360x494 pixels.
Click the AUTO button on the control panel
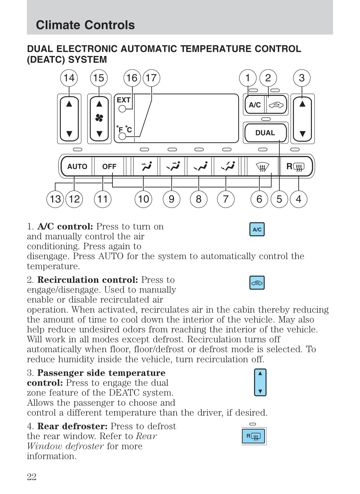tap(77, 166)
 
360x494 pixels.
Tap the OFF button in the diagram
tap(109, 166)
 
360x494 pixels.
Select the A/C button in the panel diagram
tap(255, 105)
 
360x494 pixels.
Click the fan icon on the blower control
tap(99, 118)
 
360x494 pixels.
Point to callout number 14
tap(69, 78)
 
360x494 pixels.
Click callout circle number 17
tap(151, 78)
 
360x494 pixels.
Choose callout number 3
tap(302, 78)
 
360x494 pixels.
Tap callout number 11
tap(103, 199)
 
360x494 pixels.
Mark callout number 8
tap(198, 199)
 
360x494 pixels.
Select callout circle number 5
tap(279, 199)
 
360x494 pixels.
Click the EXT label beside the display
tap(123, 100)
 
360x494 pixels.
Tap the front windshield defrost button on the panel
tap(262, 166)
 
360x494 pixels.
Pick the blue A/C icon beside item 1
tap(257, 229)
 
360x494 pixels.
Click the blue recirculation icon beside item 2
tap(257, 283)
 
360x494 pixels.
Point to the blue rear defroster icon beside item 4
tap(253, 436)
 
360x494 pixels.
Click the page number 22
tap(32, 477)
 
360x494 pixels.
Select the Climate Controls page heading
tap(85, 25)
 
